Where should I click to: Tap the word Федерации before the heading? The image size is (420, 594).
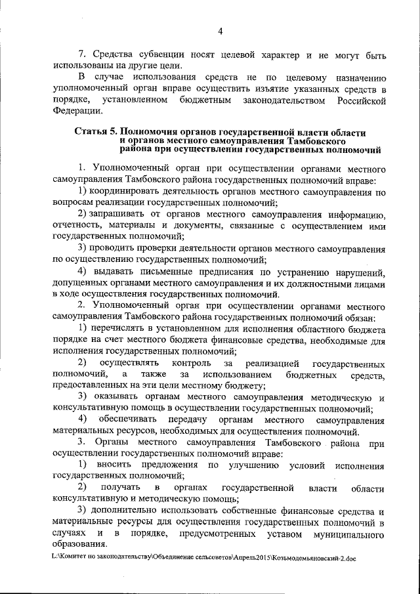click(75, 111)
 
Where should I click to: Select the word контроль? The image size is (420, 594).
click(191, 364)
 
